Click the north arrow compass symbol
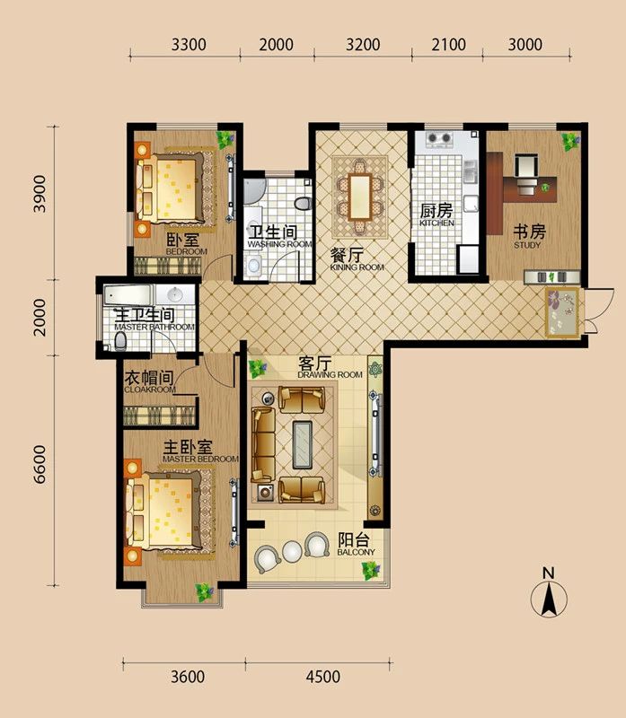click(x=550, y=595)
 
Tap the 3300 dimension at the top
click(x=189, y=45)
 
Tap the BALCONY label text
click(x=356, y=545)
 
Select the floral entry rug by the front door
click(x=561, y=311)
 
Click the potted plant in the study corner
click(x=568, y=140)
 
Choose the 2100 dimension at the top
click(x=446, y=45)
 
